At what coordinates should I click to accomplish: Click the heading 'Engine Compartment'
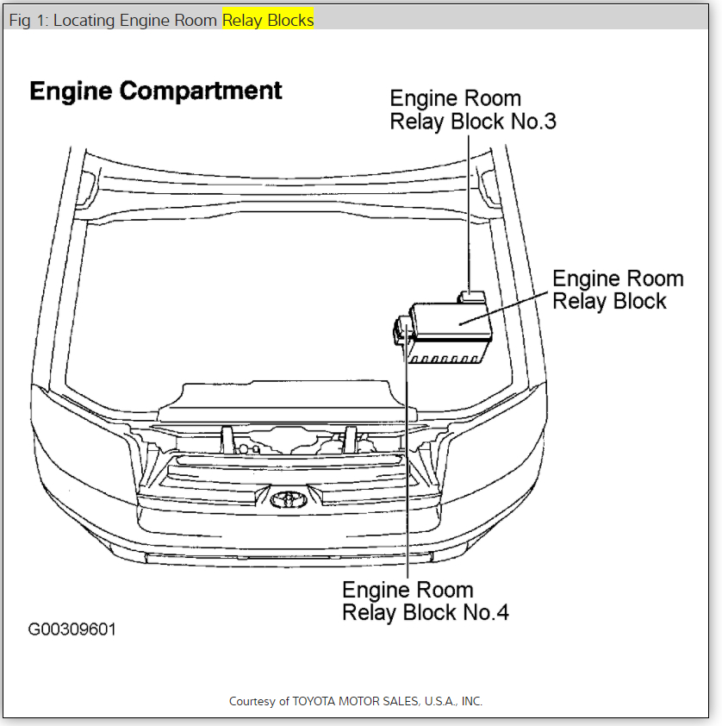pyautogui.click(x=156, y=91)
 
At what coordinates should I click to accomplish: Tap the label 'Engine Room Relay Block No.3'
pyautogui.click(x=472, y=110)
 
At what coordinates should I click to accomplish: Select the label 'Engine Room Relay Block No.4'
pyautogui.click(x=425, y=601)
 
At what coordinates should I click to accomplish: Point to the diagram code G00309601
pyautogui.click(x=72, y=629)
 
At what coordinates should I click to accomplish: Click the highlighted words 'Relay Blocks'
pyautogui.click(x=268, y=20)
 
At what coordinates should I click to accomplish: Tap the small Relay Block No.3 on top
pyautogui.click(x=472, y=297)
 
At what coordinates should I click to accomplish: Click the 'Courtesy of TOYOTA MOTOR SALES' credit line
pyautogui.click(x=356, y=701)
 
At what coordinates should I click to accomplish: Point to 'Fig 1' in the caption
pyautogui.click(x=26, y=20)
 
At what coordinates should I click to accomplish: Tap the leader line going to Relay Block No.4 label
pyautogui.click(x=406, y=466)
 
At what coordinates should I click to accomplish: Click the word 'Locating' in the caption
pyautogui.click(x=88, y=20)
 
